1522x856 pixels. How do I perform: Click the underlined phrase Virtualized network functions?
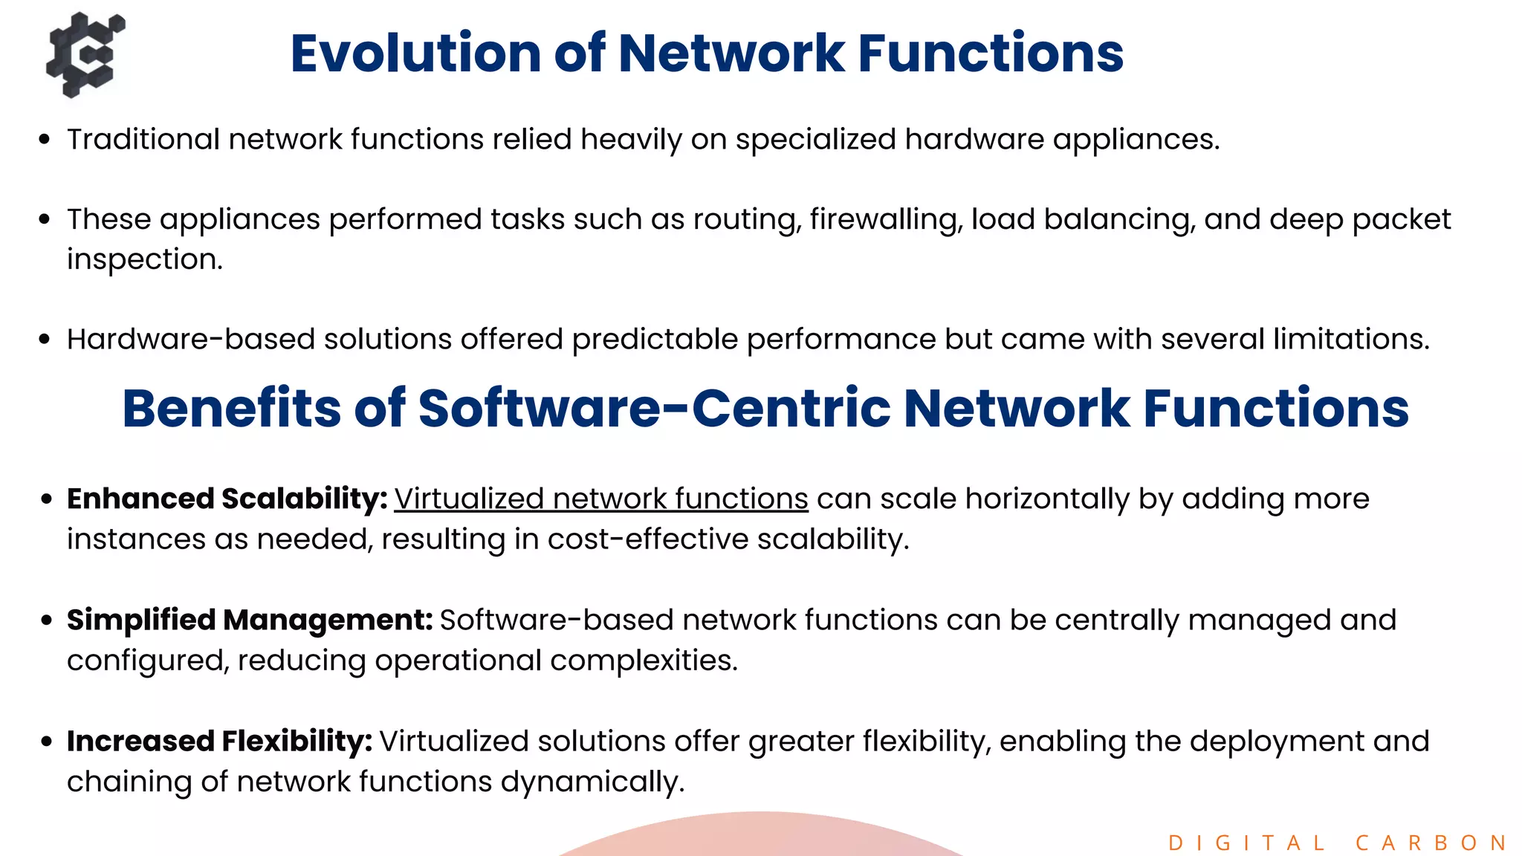click(600, 499)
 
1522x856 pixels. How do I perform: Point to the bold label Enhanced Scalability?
click(227, 499)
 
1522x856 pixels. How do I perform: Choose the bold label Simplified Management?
click(250, 620)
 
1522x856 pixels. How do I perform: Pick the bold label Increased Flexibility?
click(219, 741)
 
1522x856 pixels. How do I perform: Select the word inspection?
click(144, 259)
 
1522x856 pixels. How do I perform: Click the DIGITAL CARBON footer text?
click(1338, 843)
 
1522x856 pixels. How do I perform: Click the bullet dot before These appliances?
click(45, 219)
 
